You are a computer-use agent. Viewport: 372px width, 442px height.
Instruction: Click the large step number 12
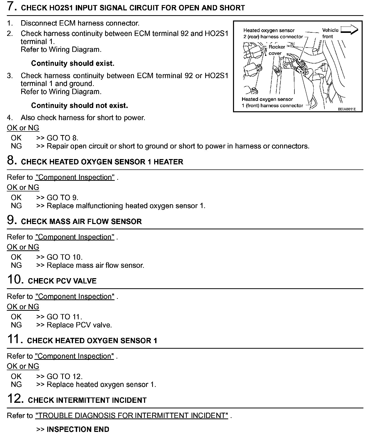15,399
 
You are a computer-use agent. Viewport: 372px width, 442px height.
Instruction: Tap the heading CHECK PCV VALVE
62,281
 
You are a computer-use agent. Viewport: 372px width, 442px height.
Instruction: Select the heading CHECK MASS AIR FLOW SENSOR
81,222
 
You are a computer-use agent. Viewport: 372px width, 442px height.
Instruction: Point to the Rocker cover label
276,50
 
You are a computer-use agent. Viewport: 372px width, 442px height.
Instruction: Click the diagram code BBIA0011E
347,109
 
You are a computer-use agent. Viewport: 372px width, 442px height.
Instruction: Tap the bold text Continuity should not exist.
79,105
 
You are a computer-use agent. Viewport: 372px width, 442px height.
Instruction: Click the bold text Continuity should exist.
73,63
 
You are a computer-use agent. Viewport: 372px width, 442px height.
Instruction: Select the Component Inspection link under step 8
75,177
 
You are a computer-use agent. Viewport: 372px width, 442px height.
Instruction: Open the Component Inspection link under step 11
74,356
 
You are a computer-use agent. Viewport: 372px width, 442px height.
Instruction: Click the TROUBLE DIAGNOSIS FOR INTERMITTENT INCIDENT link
132,415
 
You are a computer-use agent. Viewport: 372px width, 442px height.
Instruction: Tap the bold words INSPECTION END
78,429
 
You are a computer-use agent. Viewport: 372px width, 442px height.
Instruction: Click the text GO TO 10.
64,257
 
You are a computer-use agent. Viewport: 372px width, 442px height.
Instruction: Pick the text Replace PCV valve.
79,325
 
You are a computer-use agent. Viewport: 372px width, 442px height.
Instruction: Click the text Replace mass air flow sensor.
95,265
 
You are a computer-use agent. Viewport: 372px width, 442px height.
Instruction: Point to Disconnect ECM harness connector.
80,23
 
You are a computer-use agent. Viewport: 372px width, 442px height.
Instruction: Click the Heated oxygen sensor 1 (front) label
272,102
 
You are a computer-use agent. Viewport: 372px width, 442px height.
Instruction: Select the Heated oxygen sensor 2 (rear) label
273,33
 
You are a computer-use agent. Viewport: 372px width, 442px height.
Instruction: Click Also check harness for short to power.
83,118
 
